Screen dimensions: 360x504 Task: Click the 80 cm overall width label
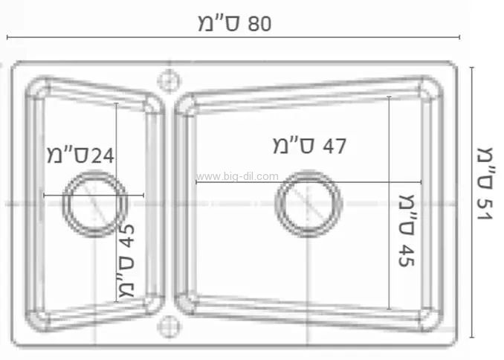pos(234,23)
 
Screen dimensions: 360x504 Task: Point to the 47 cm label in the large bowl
pos(309,146)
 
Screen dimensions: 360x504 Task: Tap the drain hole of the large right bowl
pos(308,204)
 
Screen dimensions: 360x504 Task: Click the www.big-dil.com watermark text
pos(237,176)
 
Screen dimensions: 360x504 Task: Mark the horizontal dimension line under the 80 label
pos(234,37)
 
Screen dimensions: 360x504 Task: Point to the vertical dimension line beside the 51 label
pos(471,201)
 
